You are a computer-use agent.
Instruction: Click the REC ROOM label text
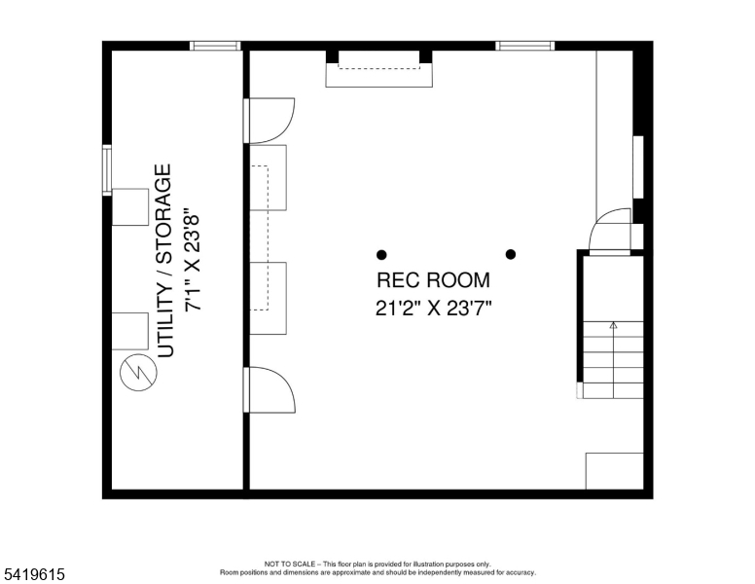click(x=433, y=281)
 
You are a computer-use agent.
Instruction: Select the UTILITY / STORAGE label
click(x=164, y=261)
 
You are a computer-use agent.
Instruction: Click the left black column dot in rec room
click(x=381, y=255)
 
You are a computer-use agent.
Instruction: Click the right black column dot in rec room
click(x=510, y=255)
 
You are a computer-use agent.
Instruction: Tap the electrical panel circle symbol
click(x=135, y=373)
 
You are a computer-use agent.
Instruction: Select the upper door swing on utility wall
click(x=270, y=120)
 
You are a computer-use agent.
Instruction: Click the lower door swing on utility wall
click(x=270, y=389)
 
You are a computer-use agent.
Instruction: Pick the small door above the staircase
click(x=611, y=232)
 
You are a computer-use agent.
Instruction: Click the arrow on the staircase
click(x=613, y=328)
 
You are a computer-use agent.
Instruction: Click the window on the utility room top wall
click(x=214, y=45)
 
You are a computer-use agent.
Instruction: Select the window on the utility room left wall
click(x=107, y=170)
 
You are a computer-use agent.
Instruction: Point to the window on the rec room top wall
click(x=525, y=45)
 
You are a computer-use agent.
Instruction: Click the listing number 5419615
click(x=33, y=575)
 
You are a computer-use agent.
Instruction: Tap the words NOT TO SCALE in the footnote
click(x=292, y=564)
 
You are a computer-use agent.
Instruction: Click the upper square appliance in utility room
click(x=130, y=206)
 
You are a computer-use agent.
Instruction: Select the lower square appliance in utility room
click(x=130, y=331)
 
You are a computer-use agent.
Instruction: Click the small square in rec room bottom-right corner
click(x=614, y=471)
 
